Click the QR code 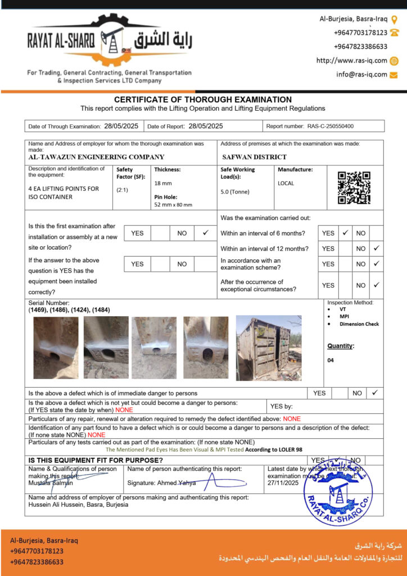tap(354, 188)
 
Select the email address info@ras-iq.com tap(361, 74)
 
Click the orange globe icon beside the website tap(394, 61)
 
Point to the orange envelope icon tap(394, 74)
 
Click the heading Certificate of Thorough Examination tap(203, 100)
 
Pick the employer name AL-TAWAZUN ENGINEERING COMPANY tap(96, 157)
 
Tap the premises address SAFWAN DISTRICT tap(254, 157)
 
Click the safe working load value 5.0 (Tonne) tap(236, 192)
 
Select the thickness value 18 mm tap(163, 183)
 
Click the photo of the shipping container tap(269, 348)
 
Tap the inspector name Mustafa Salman tap(50, 483)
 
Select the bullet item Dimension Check tap(359, 324)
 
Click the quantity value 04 tap(331, 361)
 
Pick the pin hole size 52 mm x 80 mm tap(173, 205)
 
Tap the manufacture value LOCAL tap(286, 183)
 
